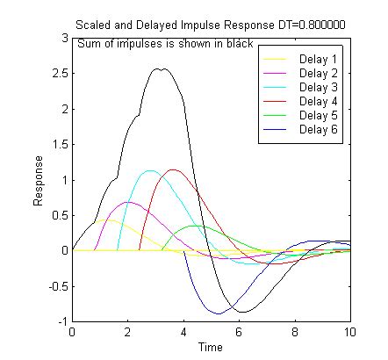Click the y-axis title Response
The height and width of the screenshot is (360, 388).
click(x=39, y=181)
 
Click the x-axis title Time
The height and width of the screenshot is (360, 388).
click(x=211, y=348)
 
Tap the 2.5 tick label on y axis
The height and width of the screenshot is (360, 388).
click(x=59, y=74)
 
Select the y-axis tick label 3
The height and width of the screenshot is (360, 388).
click(x=64, y=39)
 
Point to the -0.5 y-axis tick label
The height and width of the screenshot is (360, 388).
click(x=57, y=286)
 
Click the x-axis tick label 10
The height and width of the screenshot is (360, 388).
click(x=349, y=333)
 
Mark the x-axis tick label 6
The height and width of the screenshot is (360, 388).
click(x=239, y=333)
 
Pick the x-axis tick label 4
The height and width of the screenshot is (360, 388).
click(x=183, y=333)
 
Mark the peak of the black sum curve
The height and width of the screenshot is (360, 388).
click(x=159, y=68)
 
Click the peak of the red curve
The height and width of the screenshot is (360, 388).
click(x=173, y=169)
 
